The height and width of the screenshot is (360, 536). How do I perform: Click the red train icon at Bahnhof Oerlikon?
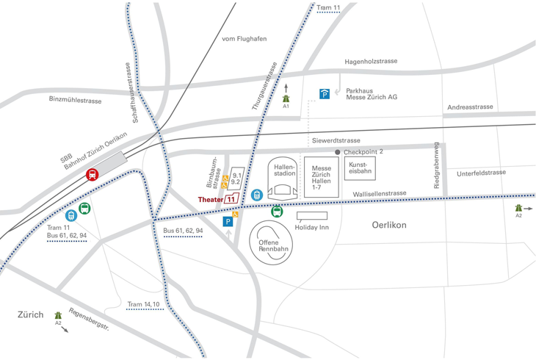tap(93, 175)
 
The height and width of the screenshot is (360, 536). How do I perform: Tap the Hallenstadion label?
tap(284, 170)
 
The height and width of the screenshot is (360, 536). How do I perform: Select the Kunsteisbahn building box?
tap(360, 168)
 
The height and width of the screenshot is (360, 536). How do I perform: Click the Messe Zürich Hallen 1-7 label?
tap(321, 179)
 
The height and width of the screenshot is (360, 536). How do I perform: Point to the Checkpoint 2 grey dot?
tap(338, 152)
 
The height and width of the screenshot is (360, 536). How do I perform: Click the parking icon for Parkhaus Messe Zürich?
tap(325, 93)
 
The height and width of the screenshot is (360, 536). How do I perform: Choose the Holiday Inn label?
tap(314, 227)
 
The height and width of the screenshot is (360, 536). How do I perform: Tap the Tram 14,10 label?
tap(143, 304)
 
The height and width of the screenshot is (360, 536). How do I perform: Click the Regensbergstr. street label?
tap(89, 318)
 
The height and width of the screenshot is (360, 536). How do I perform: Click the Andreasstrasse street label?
tap(469, 107)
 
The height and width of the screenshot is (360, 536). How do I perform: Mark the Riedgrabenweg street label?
tap(436, 165)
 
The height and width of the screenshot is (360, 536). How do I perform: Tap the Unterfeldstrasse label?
tap(481, 173)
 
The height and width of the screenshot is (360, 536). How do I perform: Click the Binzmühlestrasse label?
tap(75, 99)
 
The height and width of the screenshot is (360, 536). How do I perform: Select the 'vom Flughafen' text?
tap(244, 39)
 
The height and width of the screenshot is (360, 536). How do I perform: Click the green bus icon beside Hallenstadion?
tap(277, 212)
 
